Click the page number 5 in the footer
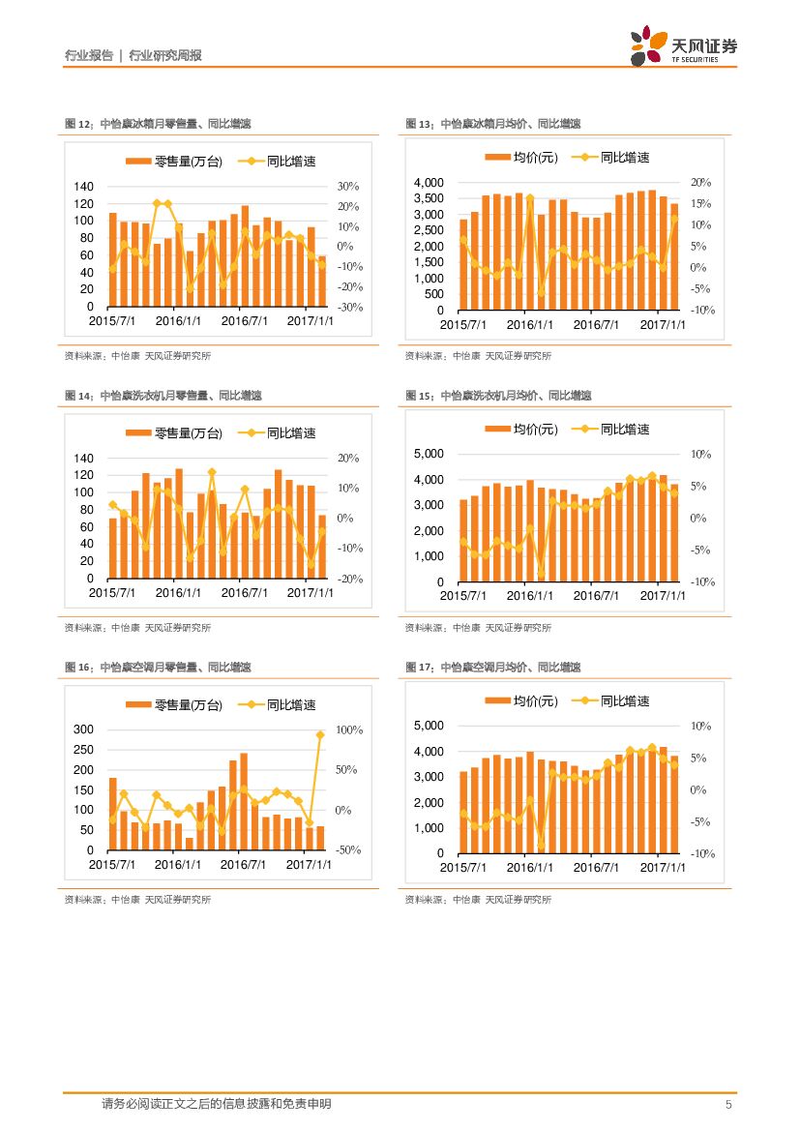[x=728, y=1104]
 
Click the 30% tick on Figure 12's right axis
[x=348, y=187]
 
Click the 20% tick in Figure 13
[x=701, y=183]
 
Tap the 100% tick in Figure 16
[x=348, y=729]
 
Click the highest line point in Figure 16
[x=320, y=735]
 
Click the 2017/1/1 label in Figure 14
[x=310, y=592]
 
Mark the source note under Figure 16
[x=137, y=900]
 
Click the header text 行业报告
[x=88, y=55]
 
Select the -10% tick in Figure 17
[x=702, y=854]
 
